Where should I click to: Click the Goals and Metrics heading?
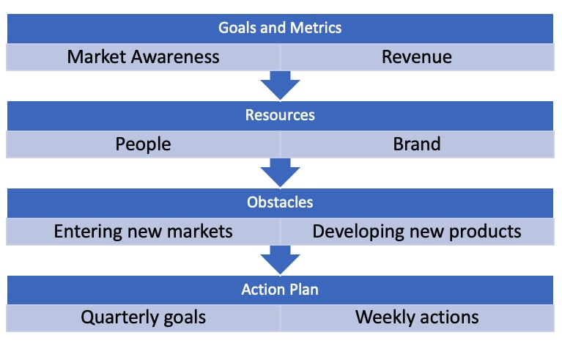point(280,28)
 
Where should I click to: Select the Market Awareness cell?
point(143,57)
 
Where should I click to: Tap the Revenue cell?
point(417,57)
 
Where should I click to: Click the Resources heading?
point(280,115)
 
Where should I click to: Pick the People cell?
point(143,144)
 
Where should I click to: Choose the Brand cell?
point(417,144)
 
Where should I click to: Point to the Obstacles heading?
point(280,202)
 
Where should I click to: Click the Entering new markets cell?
point(143,232)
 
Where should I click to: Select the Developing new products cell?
point(417,232)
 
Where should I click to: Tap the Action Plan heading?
point(280,290)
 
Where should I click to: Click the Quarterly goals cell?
point(143,317)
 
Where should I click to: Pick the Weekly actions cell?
point(417,317)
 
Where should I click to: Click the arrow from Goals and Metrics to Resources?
point(280,85)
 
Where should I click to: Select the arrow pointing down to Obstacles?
point(280,173)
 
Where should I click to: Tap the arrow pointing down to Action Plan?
point(280,260)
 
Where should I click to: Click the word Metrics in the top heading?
point(316,28)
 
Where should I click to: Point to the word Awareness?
point(175,57)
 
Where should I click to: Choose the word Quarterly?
point(119,318)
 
